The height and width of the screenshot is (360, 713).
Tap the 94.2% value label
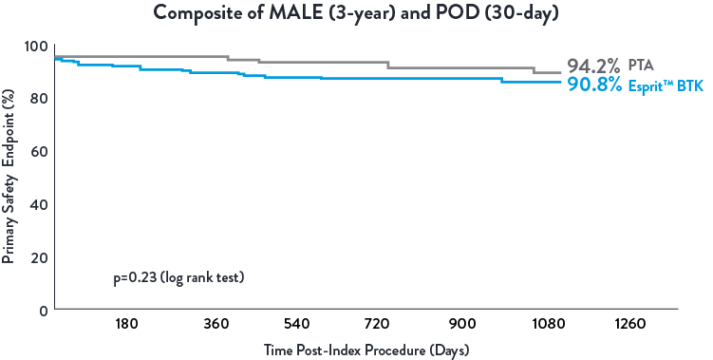(593, 66)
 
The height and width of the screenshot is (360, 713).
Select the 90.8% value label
(593, 85)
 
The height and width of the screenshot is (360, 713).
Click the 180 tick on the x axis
(127, 324)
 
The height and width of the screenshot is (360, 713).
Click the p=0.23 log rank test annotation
(179, 278)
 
